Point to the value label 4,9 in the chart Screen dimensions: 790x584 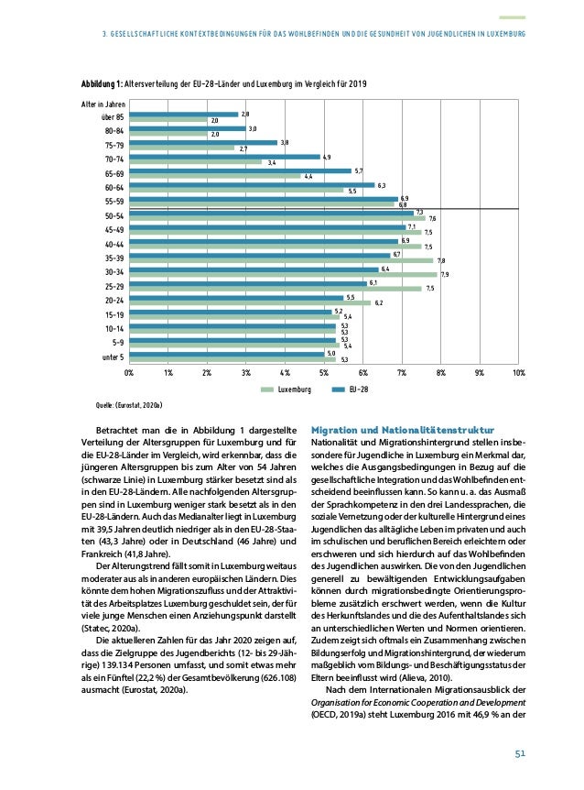[x=327, y=157]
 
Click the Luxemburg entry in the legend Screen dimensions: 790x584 [x=284, y=389]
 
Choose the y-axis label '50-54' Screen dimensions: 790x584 [x=114, y=215]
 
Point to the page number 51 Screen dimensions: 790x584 [x=517, y=753]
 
